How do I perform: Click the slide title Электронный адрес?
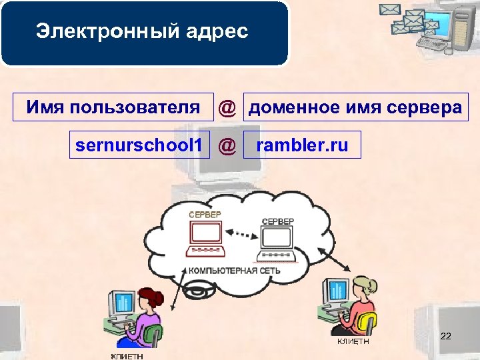pyautogui.click(x=142, y=31)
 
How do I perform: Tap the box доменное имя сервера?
pyautogui.click(x=355, y=107)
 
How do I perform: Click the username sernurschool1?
pyautogui.click(x=139, y=144)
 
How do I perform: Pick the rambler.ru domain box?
pyautogui.click(x=302, y=145)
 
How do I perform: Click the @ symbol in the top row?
pyautogui.click(x=227, y=107)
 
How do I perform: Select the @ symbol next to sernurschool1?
pyautogui.click(x=227, y=145)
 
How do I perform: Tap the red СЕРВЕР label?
pyautogui.click(x=205, y=215)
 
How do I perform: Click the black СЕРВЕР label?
pyautogui.click(x=277, y=221)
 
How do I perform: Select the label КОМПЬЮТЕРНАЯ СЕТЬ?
pyautogui.click(x=234, y=271)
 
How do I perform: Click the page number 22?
pyautogui.click(x=446, y=337)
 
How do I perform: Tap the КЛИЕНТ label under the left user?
pyautogui.click(x=126, y=355)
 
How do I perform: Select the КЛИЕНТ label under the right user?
pyautogui.click(x=352, y=342)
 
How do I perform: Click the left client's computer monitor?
pyautogui.click(x=122, y=304)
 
